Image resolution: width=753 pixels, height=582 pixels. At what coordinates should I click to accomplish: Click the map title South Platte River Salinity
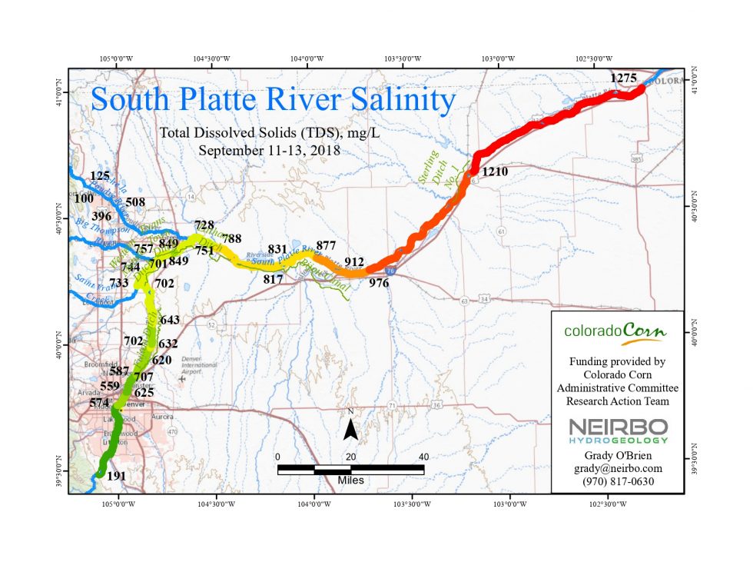[x=274, y=100]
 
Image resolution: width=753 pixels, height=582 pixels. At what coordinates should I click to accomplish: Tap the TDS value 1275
[x=624, y=78]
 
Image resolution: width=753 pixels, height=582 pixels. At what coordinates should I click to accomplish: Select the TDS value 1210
[x=495, y=171]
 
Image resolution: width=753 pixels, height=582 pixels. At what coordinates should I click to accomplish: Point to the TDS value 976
[x=379, y=283]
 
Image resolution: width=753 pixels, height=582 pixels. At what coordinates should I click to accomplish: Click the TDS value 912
[x=353, y=261]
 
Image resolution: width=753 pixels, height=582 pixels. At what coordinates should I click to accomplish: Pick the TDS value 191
[x=116, y=476]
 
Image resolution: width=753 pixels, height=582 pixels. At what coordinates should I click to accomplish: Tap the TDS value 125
[x=101, y=176]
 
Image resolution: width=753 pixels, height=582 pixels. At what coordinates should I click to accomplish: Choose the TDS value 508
[x=135, y=202]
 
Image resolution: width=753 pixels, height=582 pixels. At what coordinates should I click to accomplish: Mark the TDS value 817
[x=274, y=278]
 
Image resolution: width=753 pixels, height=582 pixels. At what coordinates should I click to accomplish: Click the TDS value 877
[x=326, y=246]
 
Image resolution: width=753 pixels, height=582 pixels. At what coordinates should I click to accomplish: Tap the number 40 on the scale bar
[x=423, y=457]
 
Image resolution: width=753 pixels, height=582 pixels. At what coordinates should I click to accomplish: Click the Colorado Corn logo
[x=615, y=331]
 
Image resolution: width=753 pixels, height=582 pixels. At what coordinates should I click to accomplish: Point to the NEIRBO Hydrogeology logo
[x=616, y=431]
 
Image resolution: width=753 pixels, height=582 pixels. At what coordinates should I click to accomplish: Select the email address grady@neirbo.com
[x=616, y=467]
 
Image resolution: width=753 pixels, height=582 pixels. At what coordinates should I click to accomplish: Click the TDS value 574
[x=100, y=402]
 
